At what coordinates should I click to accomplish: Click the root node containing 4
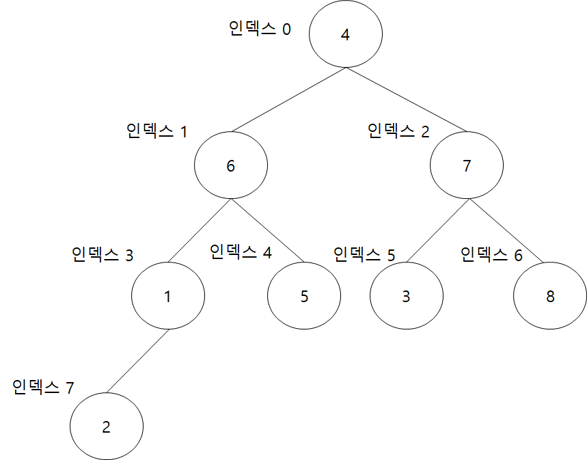coord(345,35)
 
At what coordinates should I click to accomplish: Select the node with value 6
coord(230,166)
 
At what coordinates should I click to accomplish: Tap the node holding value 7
coord(467,166)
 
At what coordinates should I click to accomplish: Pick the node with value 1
coord(167,297)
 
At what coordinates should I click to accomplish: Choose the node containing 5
coord(304,297)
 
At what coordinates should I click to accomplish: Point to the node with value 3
coord(406,297)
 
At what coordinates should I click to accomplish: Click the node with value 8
coord(550,297)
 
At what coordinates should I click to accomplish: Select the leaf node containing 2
coord(106,427)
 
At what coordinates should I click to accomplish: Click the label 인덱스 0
coord(260,29)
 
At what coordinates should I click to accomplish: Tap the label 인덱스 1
coord(156,131)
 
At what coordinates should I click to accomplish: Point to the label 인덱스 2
coord(398,131)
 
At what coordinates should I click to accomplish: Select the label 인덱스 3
coord(102,256)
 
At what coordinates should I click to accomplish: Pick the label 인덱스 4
coord(240,252)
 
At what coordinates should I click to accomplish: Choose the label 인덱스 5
coord(364,256)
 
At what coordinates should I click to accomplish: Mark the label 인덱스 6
coord(491,256)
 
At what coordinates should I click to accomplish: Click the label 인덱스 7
coord(43,388)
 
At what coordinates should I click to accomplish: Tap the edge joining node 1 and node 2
coord(137,362)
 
